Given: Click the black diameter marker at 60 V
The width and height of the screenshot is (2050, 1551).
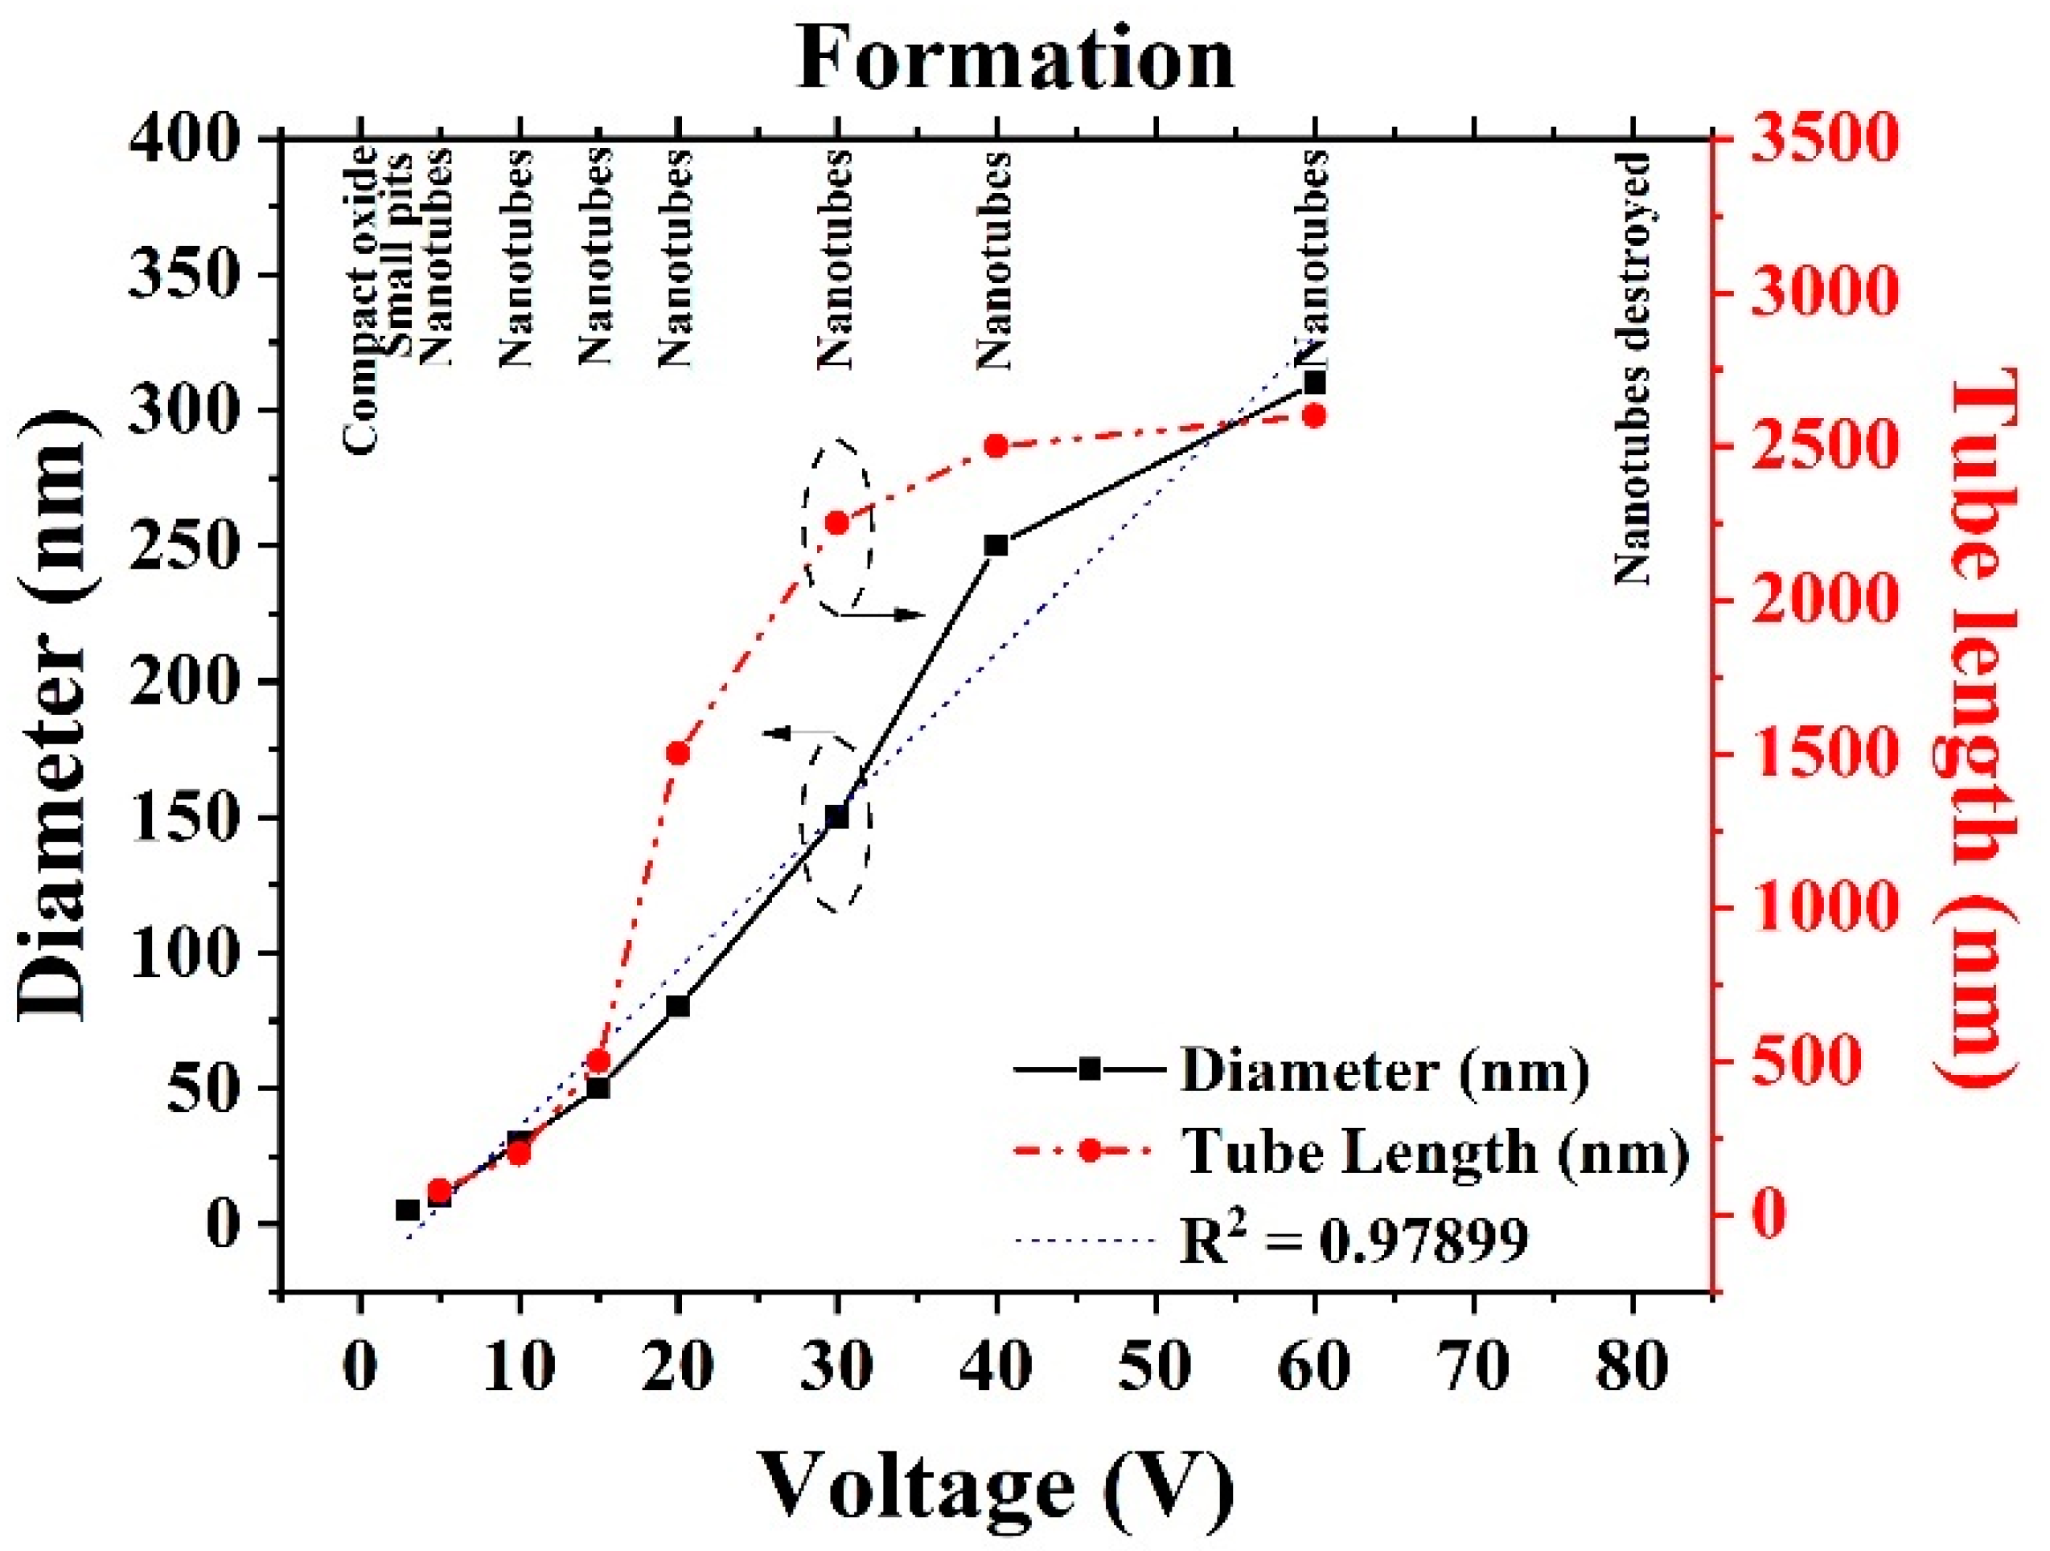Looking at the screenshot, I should tap(1314, 383).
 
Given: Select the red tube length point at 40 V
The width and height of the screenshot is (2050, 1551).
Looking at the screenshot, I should tap(996, 446).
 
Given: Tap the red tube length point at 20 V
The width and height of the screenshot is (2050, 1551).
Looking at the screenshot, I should tap(677, 753).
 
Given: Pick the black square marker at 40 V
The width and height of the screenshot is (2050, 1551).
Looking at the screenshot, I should tap(996, 546).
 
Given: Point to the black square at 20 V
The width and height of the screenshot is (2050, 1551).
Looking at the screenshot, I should tap(677, 1006).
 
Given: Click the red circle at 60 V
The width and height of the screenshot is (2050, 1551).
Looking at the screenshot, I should tap(1314, 415).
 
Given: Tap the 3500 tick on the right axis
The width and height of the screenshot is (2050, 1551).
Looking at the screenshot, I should tap(1823, 141).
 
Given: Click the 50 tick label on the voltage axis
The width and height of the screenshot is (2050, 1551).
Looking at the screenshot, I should tap(1156, 1368).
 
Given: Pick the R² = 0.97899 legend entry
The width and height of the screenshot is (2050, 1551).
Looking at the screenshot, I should tap(1353, 1241).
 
